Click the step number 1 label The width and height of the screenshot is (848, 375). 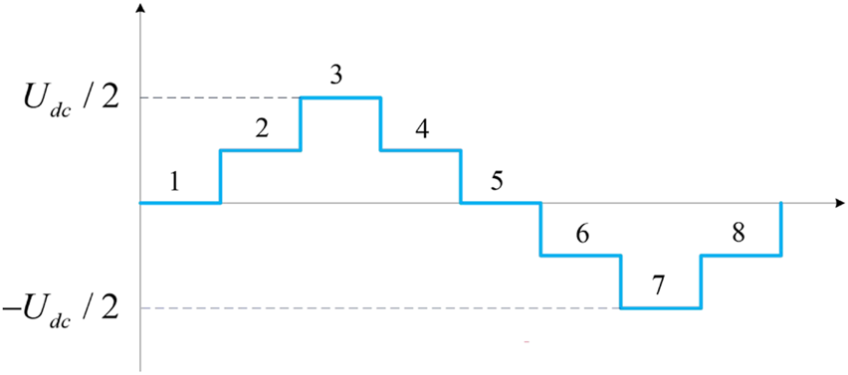(x=174, y=182)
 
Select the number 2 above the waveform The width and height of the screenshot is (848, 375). (x=262, y=129)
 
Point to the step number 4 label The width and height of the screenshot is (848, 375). (x=421, y=129)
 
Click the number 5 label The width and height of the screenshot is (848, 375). (x=497, y=182)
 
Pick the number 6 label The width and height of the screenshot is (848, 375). (x=582, y=235)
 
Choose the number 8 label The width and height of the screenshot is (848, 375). (x=738, y=235)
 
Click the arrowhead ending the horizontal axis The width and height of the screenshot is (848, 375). (x=837, y=203)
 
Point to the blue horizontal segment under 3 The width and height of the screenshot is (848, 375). (x=340, y=97)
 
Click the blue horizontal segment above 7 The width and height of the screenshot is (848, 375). (x=661, y=308)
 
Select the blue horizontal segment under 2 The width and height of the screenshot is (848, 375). (x=260, y=150)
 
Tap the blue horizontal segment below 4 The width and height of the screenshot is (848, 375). (x=420, y=150)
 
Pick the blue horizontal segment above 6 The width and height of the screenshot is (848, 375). (x=580, y=256)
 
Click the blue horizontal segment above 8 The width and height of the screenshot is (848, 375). (x=741, y=256)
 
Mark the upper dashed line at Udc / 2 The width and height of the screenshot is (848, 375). (x=220, y=97)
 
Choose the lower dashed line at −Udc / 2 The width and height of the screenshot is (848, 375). (x=378, y=308)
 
